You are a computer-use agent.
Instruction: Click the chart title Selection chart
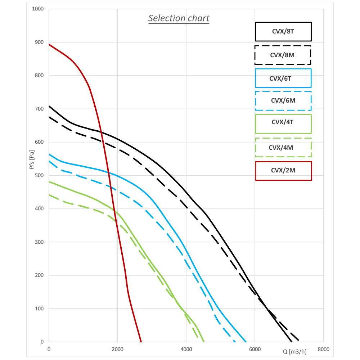coord(179,18)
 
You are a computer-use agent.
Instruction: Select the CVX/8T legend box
coord(283,32)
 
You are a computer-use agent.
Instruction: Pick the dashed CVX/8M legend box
coord(283,55)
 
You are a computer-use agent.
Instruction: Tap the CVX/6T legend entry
coord(283,78)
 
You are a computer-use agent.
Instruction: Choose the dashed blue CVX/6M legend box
coord(283,101)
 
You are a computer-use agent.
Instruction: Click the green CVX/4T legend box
coord(283,124)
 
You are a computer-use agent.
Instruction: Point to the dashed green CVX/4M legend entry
coord(283,147)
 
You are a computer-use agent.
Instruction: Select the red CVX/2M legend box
coord(283,171)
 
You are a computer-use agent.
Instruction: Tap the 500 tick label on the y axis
coord(40,175)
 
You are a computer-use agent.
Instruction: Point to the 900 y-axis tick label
coord(40,42)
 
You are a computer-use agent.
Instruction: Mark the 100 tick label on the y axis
coord(40,309)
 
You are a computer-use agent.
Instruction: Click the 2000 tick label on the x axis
coord(118,349)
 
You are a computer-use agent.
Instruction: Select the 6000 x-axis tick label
coord(255,349)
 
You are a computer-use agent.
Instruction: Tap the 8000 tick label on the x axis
coord(323,349)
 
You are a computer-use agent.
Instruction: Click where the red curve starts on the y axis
coord(49,44)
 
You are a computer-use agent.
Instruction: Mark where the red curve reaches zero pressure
coord(141,342)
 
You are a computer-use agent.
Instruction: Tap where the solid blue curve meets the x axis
coord(246,342)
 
